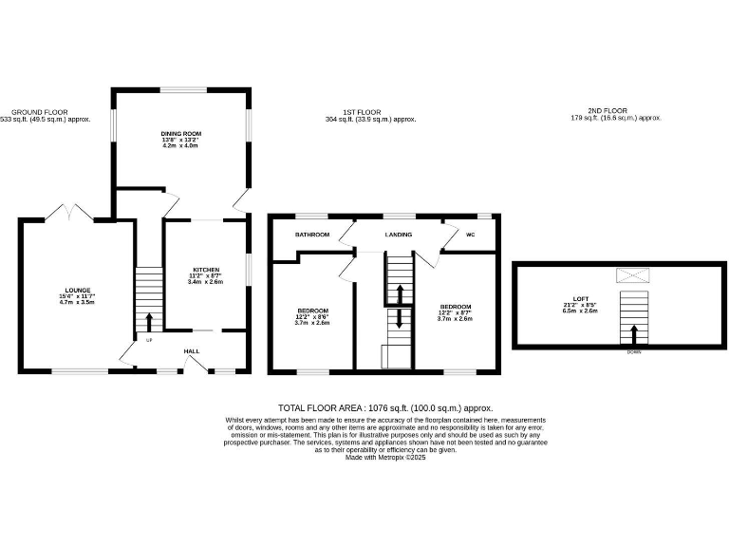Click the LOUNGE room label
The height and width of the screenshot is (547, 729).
coord(77,289)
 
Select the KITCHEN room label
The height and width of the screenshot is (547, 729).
coord(206,269)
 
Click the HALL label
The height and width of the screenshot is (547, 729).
coord(192,350)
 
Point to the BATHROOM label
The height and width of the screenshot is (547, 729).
coord(311,234)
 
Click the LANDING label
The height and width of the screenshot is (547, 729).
coord(397,234)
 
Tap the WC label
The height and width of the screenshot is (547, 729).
coord(470,234)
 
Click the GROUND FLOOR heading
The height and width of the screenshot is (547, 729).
coord(39,112)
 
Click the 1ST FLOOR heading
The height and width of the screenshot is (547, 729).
coord(370,112)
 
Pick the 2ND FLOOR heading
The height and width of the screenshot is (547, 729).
coord(615,111)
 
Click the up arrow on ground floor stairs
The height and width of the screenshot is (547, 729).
coord(148,319)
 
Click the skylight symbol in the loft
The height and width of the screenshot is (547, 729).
coord(631,275)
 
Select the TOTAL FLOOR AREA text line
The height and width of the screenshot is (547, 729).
coord(385,406)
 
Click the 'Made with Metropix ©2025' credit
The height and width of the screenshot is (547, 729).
coord(385,457)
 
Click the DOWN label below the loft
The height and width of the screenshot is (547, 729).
coord(633,352)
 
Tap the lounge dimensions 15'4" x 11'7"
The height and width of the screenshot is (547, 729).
coord(77,296)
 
